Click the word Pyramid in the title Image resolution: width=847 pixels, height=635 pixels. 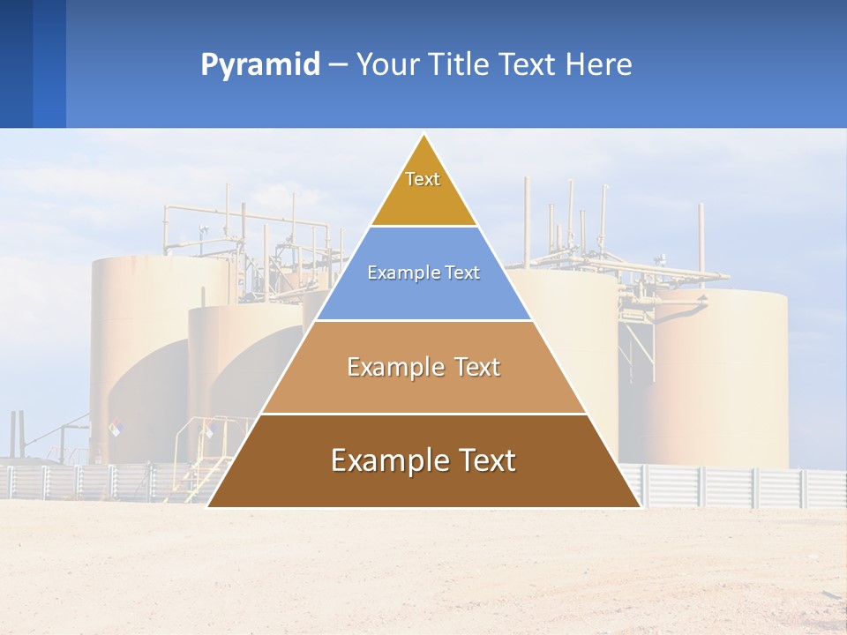coord(259,65)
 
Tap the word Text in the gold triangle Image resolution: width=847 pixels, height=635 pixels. coord(423,179)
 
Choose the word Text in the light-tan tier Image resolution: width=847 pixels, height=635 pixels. coord(477,367)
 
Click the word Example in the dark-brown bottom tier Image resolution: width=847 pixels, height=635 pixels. coord(389,460)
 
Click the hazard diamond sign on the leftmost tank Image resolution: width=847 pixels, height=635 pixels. coord(115,427)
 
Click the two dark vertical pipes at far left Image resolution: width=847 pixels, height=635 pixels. coord(16,432)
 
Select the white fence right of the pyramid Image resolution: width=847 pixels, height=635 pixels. coord(741,487)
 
